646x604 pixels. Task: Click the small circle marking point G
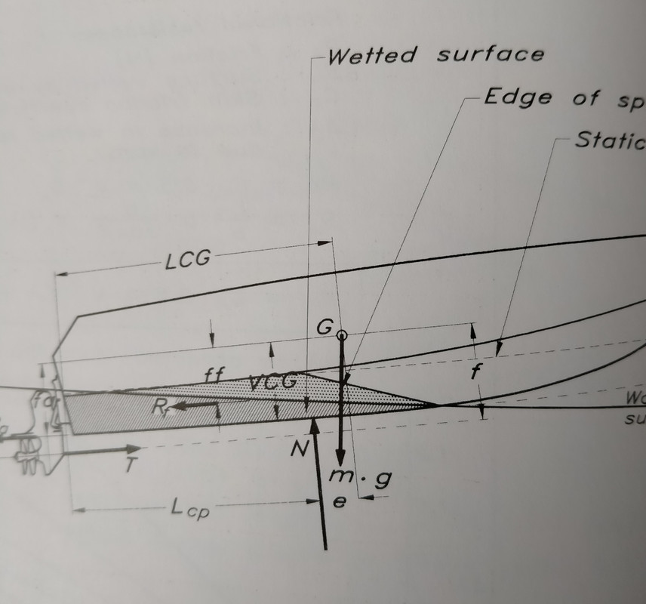[x=343, y=334]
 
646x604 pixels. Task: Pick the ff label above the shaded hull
[x=214, y=374]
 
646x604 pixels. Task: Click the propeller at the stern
[x=27, y=451]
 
